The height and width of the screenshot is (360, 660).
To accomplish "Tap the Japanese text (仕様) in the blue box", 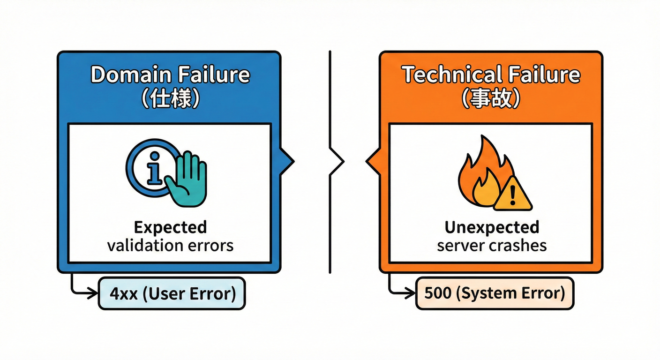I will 170,99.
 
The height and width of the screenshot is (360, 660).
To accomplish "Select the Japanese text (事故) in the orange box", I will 491,99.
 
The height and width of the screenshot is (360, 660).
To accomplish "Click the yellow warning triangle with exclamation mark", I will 513,195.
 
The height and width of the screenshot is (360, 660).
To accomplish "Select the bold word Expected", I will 170,227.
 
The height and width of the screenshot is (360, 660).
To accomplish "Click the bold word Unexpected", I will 492,227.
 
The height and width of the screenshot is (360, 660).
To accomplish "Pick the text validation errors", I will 170,245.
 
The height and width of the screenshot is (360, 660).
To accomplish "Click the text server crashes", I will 492,245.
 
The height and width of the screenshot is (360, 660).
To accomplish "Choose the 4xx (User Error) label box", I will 172,294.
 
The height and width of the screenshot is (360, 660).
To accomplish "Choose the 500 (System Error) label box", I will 494,294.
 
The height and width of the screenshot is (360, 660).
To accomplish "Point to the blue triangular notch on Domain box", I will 286,161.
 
